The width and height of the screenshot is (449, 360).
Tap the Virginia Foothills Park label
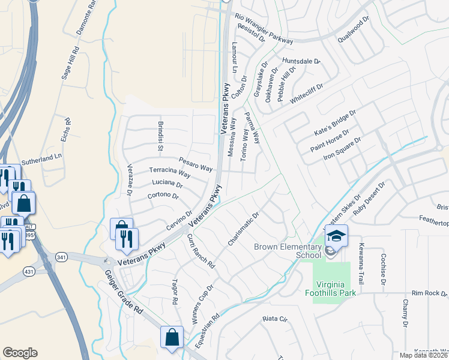click(x=334, y=288)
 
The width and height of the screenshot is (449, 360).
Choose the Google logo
click(x=20, y=353)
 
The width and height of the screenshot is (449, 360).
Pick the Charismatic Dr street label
click(x=243, y=228)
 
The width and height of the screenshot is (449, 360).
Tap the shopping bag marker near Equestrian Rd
click(x=172, y=337)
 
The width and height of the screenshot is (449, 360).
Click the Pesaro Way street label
click(x=196, y=164)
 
